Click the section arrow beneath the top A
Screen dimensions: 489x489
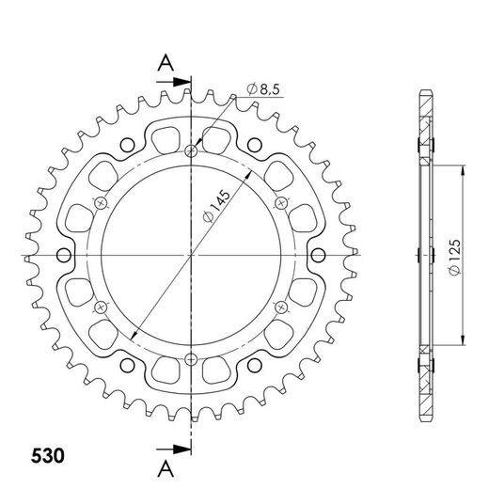click(x=178, y=84)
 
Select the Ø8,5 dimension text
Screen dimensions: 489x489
click(x=265, y=89)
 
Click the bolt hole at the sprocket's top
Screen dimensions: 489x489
click(x=192, y=150)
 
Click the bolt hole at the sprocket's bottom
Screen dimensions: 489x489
click(x=192, y=358)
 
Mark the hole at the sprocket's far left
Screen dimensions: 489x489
click(x=64, y=255)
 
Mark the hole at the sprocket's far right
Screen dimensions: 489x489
click(x=319, y=255)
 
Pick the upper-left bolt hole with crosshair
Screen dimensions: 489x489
click(x=102, y=202)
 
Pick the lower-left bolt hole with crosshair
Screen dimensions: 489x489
click(x=102, y=307)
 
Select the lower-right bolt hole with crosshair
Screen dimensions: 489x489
click(x=281, y=307)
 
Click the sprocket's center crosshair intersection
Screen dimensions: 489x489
click(x=192, y=255)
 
